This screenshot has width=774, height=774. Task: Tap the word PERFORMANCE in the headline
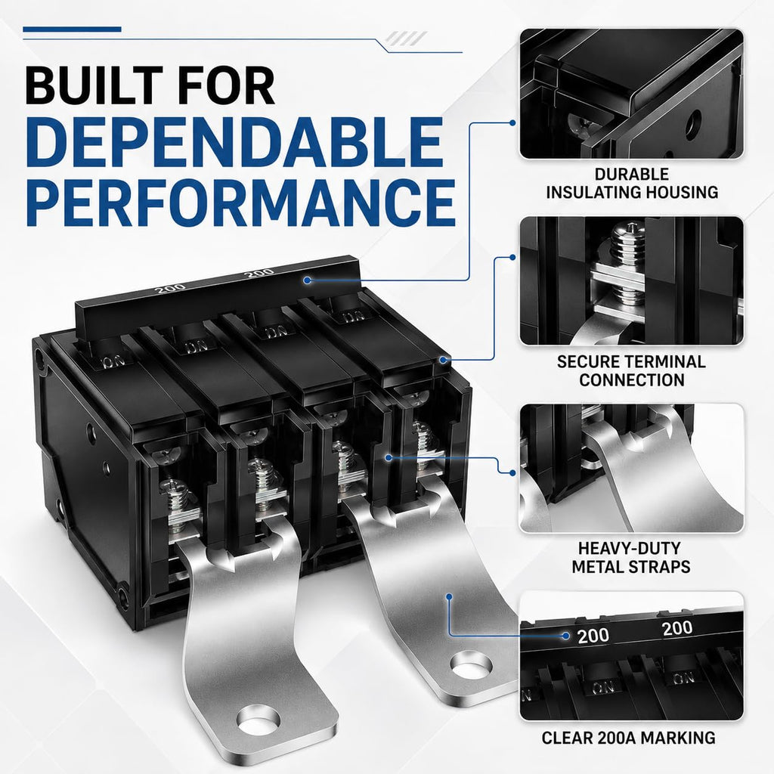pos(240,202)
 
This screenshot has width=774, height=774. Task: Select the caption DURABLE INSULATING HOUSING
pos(632,183)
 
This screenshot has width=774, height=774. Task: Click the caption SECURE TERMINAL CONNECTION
pos(631,370)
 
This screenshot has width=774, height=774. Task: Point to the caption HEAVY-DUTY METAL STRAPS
pos(631,557)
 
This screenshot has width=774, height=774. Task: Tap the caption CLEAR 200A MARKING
pos(628,738)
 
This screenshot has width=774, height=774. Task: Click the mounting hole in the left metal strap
pos(259,719)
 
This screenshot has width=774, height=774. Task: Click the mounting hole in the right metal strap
pos(472,664)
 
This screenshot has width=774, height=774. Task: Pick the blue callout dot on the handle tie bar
pos(308,280)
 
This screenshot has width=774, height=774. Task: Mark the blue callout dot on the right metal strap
pos(449,597)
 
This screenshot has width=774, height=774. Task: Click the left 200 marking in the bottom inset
pos(593,635)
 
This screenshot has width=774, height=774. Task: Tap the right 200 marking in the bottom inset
pos(677,628)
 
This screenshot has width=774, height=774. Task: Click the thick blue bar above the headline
pos(72,29)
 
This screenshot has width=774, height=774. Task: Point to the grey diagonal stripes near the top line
pos(406,38)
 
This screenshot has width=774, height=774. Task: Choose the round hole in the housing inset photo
pos(693,124)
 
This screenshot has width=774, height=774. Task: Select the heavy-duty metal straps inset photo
pos(631,468)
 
